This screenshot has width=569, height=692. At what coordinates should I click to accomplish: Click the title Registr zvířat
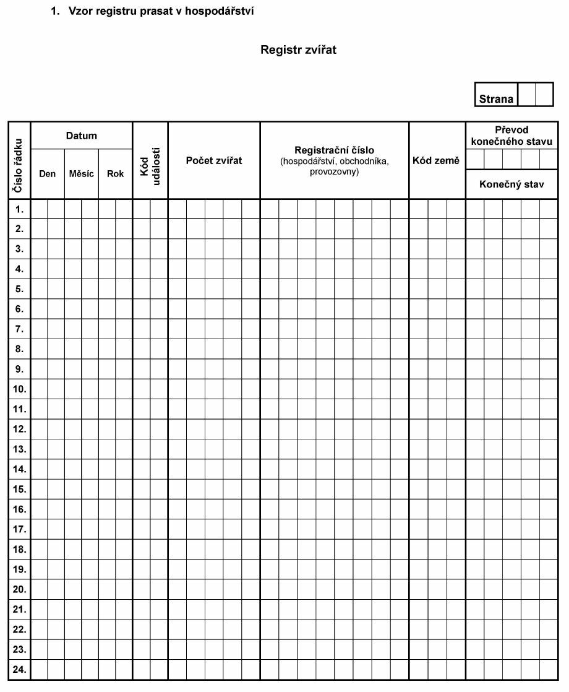point(298,50)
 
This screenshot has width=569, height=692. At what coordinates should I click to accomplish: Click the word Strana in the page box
point(496,99)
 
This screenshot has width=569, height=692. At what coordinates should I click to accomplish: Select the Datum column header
point(82,136)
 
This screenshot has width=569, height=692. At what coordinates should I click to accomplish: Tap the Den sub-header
point(47,174)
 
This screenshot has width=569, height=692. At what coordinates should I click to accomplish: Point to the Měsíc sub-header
point(82,174)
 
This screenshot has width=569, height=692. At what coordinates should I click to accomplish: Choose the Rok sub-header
point(116,174)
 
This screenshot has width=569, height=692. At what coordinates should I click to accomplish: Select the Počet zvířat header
point(214,161)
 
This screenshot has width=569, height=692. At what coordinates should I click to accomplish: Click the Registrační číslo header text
point(334,150)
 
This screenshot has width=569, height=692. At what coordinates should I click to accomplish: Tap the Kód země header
point(436,161)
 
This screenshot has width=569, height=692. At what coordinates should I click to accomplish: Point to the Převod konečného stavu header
point(511,136)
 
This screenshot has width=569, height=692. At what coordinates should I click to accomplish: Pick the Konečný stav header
point(511,184)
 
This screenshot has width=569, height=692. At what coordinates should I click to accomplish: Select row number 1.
point(19,209)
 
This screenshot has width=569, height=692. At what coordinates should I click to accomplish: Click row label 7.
point(19,329)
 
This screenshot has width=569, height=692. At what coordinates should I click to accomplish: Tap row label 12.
point(19,429)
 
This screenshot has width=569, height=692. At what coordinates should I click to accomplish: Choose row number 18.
point(19,549)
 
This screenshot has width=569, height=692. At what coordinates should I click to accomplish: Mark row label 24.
point(19,669)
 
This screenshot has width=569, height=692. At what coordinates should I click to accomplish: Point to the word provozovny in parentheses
point(334,171)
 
